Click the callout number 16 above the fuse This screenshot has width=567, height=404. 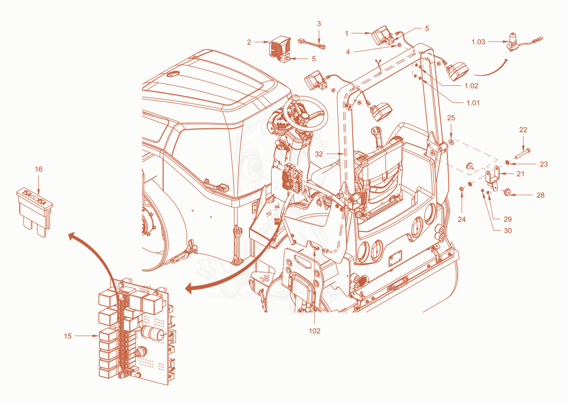39,169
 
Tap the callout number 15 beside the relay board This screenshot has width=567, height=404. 68,336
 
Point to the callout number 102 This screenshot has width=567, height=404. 314,331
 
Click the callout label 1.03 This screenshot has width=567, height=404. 478,42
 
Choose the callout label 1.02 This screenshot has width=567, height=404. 471,86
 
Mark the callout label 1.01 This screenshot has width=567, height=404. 473,103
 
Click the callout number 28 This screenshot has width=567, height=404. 540,195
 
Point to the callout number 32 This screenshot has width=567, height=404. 319,154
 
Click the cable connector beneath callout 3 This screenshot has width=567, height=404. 311,44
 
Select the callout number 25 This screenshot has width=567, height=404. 451,118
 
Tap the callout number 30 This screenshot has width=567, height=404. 508,231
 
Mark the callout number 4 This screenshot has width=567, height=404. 348,52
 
